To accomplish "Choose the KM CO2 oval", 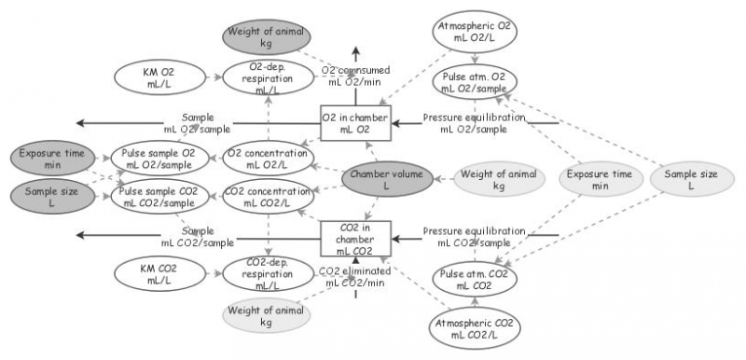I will [x=152, y=274].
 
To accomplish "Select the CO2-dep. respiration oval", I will [x=259, y=275].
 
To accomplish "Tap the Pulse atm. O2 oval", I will [x=474, y=81].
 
